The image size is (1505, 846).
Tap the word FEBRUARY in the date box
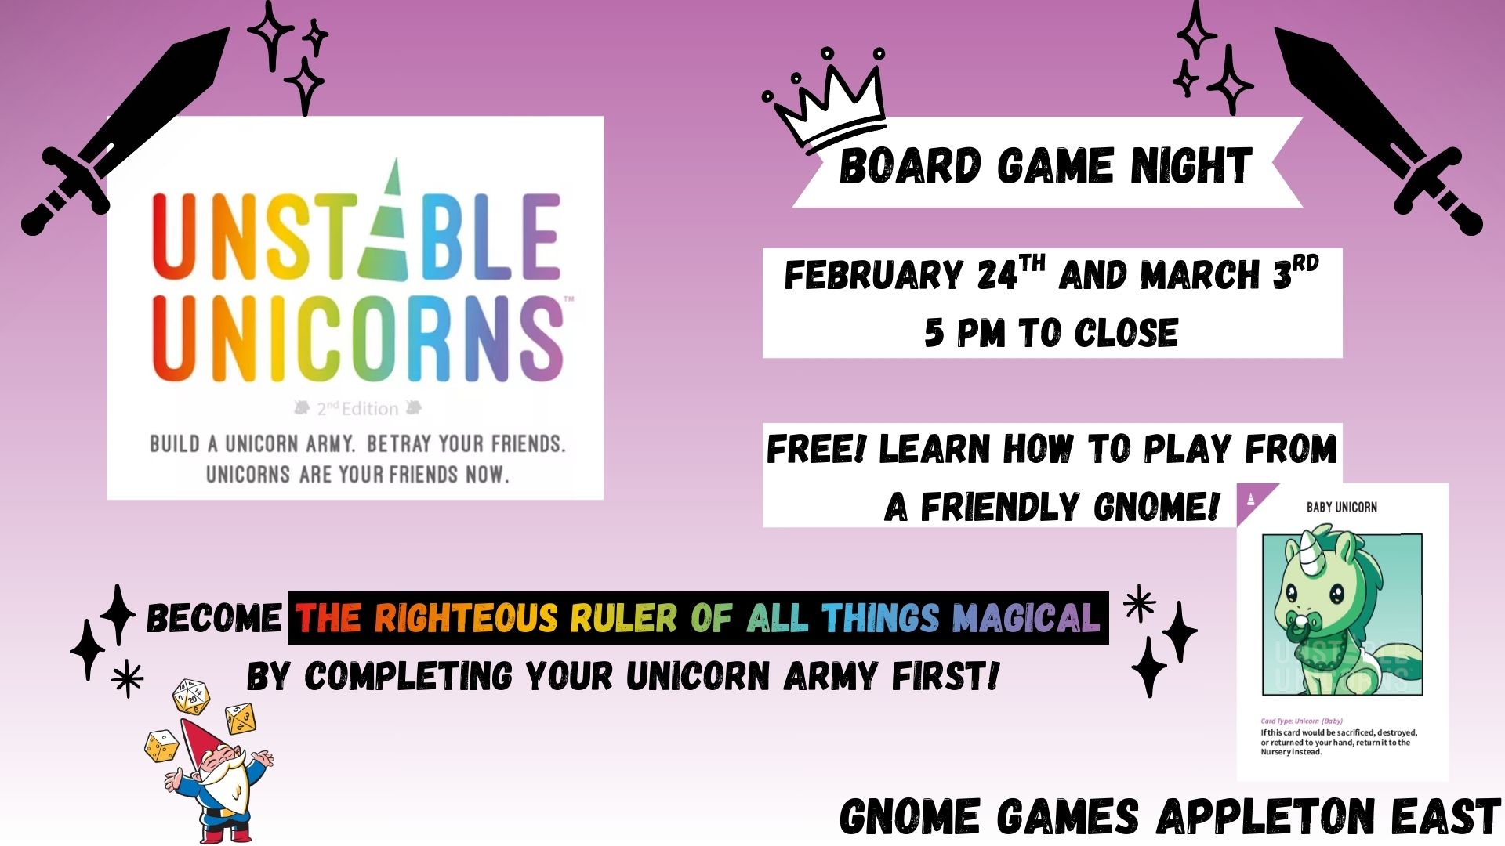click(874, 275)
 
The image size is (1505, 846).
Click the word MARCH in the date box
click(1200, 275)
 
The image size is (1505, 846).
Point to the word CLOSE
click(1126, 333)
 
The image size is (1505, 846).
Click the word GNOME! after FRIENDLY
click(1157, 507)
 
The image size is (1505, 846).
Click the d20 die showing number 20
click(191, 697)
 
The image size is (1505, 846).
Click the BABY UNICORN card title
click(1341, 508)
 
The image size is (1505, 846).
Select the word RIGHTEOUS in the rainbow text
click(466, 618)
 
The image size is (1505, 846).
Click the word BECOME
click(214, 618)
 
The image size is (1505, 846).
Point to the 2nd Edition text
click(357, 408)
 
